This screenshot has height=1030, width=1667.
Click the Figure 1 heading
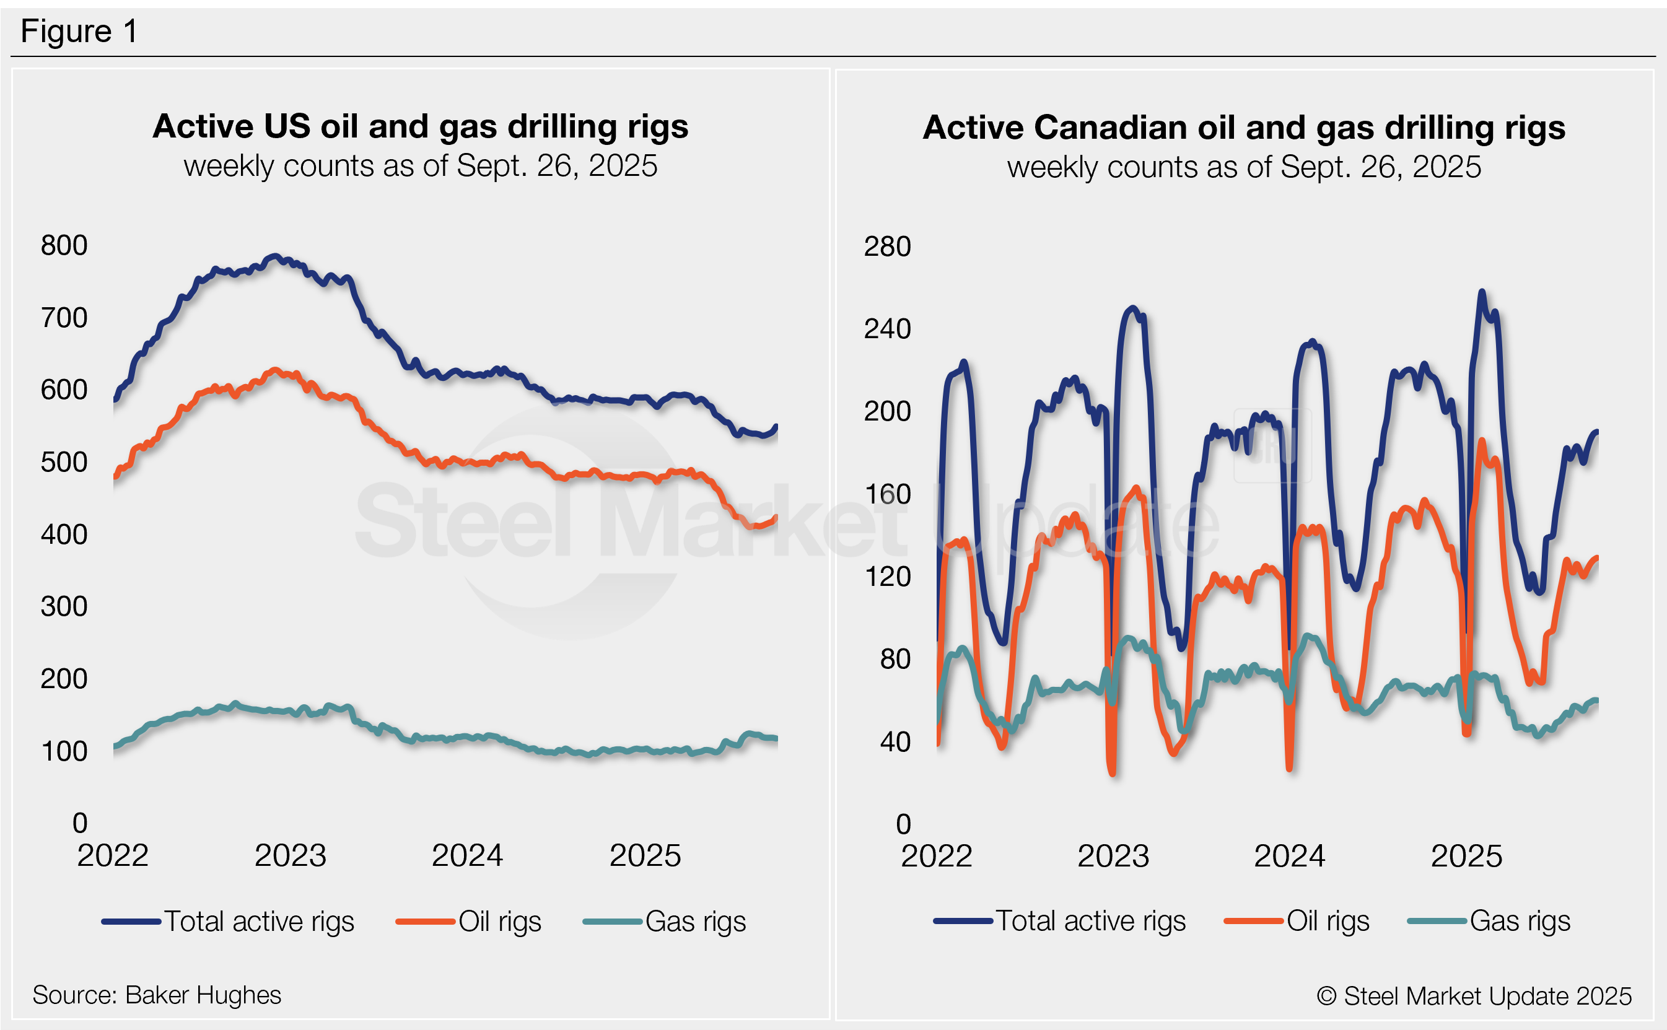[x=79, y=32]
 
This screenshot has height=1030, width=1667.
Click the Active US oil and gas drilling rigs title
[x=421, y=127]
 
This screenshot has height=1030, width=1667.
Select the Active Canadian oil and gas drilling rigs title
[x=1243, y=128]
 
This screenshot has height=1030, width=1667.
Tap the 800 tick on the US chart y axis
[x=64, y=245]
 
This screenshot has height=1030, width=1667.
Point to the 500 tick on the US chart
[x=64, y=462]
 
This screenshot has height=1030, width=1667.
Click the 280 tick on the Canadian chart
[x=887, y=247]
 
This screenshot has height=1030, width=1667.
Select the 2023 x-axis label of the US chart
[x=290, y=855]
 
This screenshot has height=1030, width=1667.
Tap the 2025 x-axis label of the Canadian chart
[x=1466, y=857]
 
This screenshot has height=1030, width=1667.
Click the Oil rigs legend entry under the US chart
[x=499, y=922]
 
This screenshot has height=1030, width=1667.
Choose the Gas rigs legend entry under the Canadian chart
[x=1519, y=921]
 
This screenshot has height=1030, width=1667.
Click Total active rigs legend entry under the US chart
[x=259, y=922]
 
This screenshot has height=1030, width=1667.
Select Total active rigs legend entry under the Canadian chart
[x=1090, y=921]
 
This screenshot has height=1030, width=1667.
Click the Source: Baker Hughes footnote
[x=157, y=995]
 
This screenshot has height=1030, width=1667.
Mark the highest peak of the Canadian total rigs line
[x=1482, y=292]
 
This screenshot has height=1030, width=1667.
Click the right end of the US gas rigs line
[x=776, y=738]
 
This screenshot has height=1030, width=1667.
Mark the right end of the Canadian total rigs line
[x=1597, y=432]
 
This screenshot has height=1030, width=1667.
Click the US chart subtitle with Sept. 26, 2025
[x=421, y=166]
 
